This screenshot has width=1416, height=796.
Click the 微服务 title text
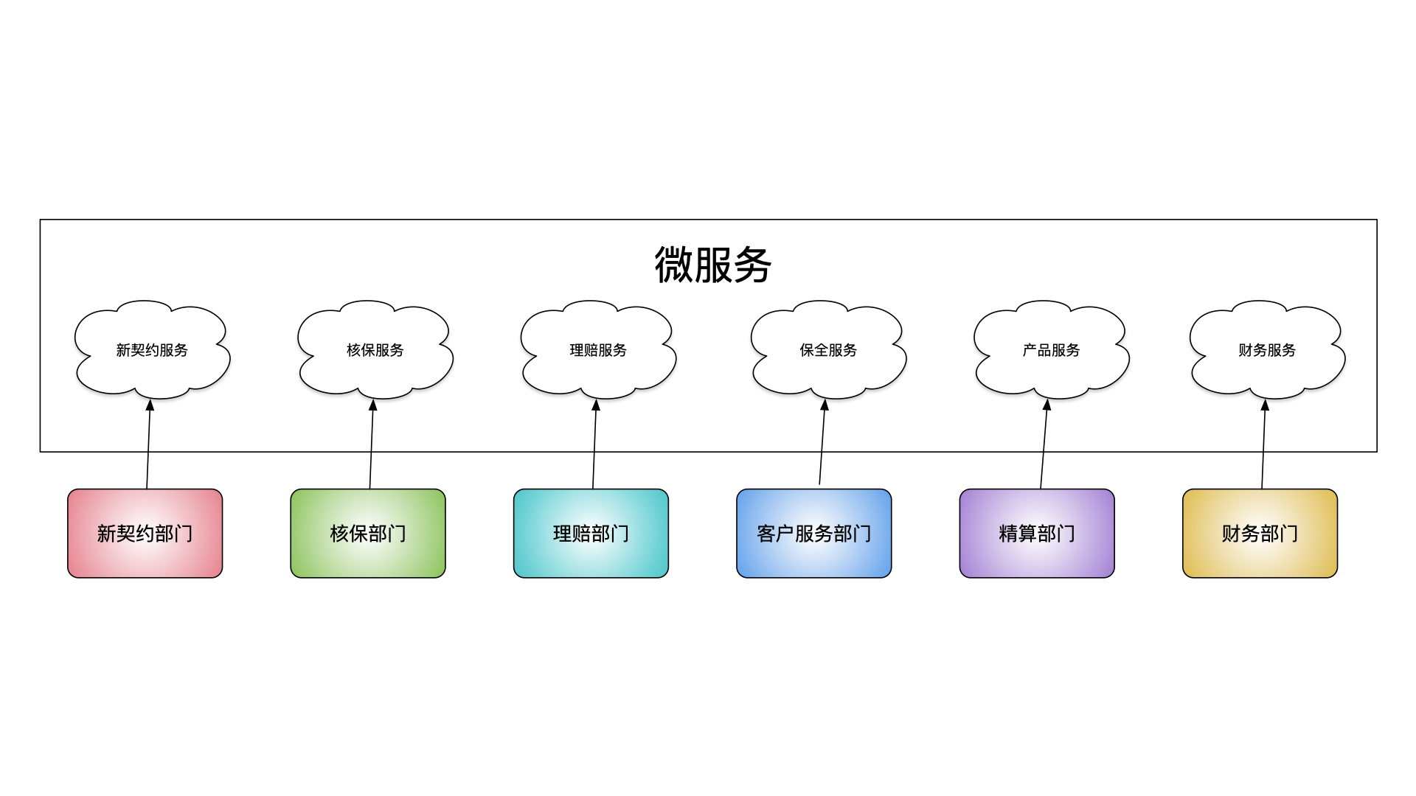[x=712, y=265]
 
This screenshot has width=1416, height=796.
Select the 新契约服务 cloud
[x=152, y=349]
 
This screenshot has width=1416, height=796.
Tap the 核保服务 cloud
[x=375, y=349]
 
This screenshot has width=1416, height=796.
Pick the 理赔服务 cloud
[x=598, y=349]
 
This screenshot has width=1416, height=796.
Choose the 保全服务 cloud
[x=828, y=349]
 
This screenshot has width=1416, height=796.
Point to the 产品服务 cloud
[x=1051, y=349]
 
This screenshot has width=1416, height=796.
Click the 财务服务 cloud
[x=1267, y=349]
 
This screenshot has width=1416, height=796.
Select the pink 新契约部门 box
[x=145, y=534]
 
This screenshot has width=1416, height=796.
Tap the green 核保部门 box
[x=368, y=534]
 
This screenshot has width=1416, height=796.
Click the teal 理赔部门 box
[x=591, y=534]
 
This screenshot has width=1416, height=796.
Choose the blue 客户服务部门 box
[x=814, y=534]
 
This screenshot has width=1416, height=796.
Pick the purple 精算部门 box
[x=1037, y=534]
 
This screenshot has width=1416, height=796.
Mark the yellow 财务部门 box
[x=1260, y=534]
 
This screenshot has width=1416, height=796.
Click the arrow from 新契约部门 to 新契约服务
[x=148, y=444]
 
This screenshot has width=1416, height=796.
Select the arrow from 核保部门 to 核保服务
[x=372, y=444]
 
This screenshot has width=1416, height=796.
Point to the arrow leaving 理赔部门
[x=594, y=444]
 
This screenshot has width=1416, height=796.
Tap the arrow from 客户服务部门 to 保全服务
[x=822, y=442]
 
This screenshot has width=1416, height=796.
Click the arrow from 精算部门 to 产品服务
[x=1044, y=444]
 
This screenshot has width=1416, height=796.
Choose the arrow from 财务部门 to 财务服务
[x=1263, y=444]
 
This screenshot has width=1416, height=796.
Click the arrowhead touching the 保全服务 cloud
[x=825, y=405]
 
